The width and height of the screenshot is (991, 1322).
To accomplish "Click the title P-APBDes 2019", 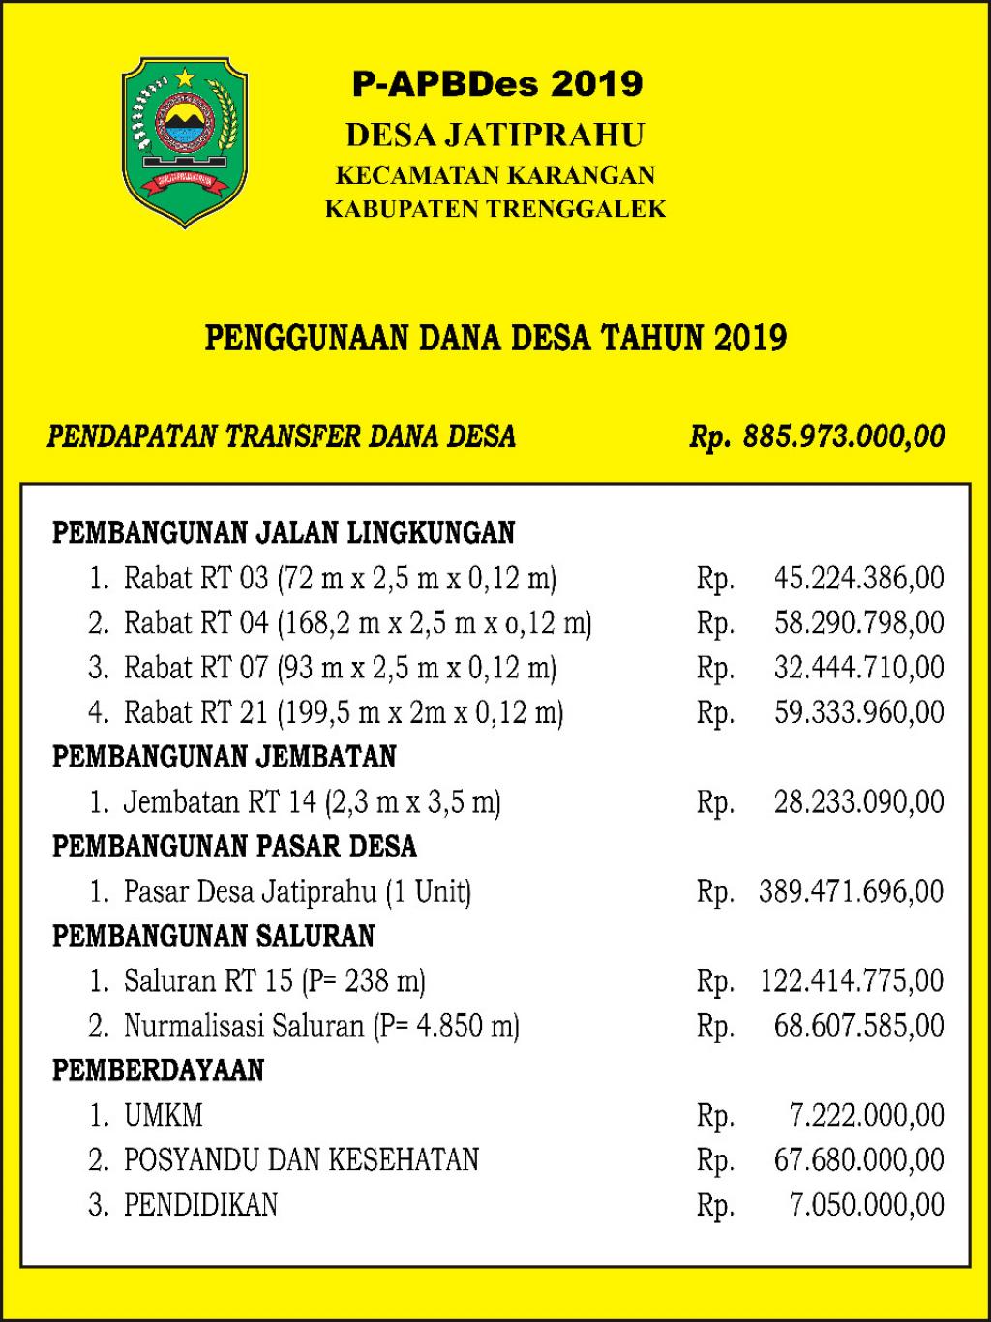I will [x=496, y=84].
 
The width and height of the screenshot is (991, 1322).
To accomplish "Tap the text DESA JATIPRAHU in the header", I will [x=495, y=135].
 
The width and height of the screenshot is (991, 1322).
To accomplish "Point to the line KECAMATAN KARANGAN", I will [x=495, y=175].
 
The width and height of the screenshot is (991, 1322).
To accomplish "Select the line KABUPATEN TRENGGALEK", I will [x=495, y=208].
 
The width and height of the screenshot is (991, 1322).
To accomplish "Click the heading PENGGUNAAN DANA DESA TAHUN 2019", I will [x=495, y=338].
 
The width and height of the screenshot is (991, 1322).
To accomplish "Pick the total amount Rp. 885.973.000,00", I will [x=817, y=436].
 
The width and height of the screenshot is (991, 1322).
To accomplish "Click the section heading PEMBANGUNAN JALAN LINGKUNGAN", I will [x=284, y=532].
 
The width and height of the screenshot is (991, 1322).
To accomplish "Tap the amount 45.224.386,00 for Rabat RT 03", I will [x=858, y=579].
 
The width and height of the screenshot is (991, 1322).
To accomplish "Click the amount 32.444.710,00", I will [x=858, y=668].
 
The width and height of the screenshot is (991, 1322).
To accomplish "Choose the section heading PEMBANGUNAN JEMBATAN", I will [x=225, y=757].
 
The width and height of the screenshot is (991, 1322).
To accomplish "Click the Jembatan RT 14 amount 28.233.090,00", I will [x=858, y=802].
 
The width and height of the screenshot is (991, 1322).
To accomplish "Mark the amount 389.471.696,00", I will [x=851, y=891].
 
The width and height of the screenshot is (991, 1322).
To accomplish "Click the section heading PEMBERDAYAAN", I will [x=158, y=1070].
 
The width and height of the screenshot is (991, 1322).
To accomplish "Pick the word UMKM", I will [x=164, y=1116].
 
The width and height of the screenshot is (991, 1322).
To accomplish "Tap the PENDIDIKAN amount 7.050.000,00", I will [x=866, y=1205].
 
